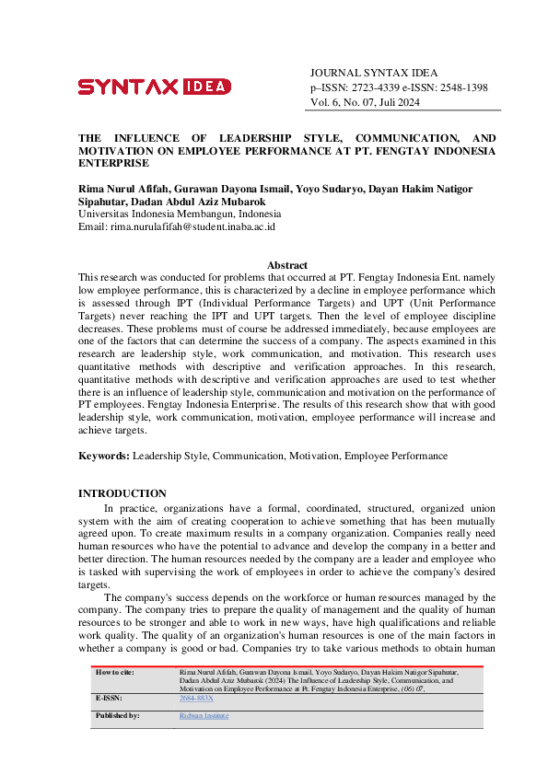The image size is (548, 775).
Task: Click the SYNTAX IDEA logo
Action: tap(154, 87)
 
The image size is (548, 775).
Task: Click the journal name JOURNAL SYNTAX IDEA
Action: tap(374, 73)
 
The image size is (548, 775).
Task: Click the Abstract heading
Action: tap(286, 265)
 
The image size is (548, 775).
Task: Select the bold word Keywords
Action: tap(103, 456)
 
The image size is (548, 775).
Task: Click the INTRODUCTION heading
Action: tap(122, 494)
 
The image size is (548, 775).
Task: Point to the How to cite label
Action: tap(115, 673)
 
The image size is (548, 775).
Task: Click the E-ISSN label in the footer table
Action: tap(110, 700)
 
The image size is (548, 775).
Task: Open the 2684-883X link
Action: tap(195, 700)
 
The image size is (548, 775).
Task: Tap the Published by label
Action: tap(117, 715)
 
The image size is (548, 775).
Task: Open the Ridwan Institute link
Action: tap(204, 715)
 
